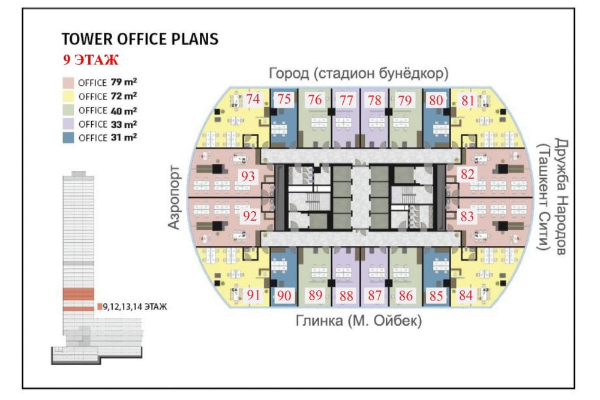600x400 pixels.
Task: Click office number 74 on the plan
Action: [x=253, y=100]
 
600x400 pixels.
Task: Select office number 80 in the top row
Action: [x=437, y=100]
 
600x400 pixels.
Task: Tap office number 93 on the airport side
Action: [x=247, y=176]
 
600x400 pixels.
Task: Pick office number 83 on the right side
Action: [x=467, y=215]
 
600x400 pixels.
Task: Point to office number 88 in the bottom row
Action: [x=346, y=295]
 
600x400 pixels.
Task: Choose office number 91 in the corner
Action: [x=253, y=295]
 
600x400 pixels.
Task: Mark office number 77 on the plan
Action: [x=346, y=100]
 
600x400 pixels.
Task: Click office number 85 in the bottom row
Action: [x=437, y=295]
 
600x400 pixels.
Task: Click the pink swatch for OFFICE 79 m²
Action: [x=68, y=82]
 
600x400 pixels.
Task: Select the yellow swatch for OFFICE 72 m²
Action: [x=68, y=96]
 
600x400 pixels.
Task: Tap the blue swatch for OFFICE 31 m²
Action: [x=68, y=138]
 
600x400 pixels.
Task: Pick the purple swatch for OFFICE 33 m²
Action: [x=68, y=124]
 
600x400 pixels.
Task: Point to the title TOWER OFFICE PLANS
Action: [x=139, y=40]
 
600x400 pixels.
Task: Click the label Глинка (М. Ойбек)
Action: [x=359, y=321]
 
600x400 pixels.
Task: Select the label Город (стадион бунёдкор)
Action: [x=359, y=74]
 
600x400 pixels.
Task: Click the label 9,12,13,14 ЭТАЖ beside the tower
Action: [x=134, y=306]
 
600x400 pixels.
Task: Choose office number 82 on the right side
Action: [x=467, y=174]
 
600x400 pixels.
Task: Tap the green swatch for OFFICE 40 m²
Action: [x=68, y=110]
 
